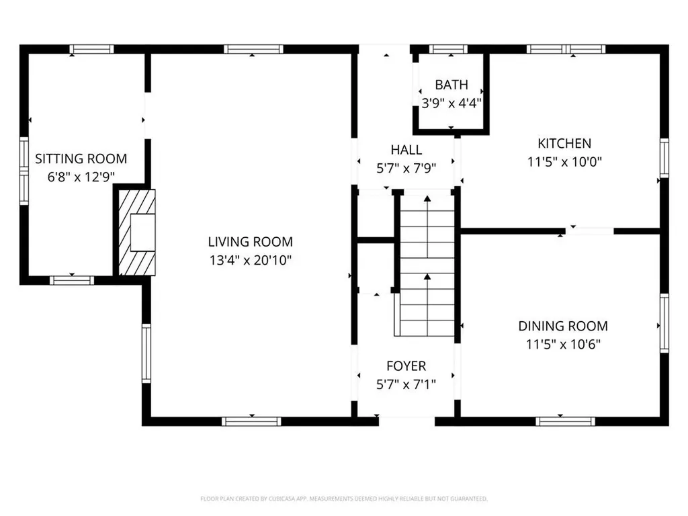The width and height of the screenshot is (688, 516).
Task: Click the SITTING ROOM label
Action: tap(81, 159)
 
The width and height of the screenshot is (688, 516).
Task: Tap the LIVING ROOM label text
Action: tap(250, 242)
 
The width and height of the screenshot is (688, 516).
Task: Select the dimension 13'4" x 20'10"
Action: tap(250, 259)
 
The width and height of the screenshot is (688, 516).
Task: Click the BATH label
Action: tap(451, 85)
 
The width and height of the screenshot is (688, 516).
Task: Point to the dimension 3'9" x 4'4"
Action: tap(451, 103)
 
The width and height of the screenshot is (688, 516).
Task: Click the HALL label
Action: tap(406, 150)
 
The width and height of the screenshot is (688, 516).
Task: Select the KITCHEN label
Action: tap(564, 143)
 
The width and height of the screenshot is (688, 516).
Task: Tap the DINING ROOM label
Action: tap(563, 327)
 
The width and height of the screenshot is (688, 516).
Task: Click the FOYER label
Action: tap(406, 366)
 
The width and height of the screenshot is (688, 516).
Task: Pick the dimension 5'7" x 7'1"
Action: tap(406, 384)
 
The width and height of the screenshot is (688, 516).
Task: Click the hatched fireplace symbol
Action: tap(137, 232)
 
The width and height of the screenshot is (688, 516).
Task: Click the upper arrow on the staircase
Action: tap(427, 200)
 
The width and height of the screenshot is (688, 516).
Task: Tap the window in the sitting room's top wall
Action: tap(92, 49)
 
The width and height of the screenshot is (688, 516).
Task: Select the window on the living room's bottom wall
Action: tap(251, 421)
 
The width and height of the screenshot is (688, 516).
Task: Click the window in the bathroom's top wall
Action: tap(448, 49)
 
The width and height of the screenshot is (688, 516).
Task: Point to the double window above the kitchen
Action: tap(566, 49)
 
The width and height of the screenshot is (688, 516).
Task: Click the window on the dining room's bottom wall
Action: tap(565, 421)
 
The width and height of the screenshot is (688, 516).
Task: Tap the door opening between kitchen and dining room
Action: tap(589, 231)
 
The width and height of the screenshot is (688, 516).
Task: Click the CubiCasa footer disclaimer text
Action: tap(344, 499)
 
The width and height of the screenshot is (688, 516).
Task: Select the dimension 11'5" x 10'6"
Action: tap(563, 345)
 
